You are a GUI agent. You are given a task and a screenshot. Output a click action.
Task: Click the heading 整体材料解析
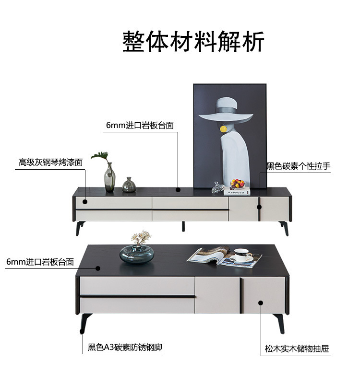coord(193,42)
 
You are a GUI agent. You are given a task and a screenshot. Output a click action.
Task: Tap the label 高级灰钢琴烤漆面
coord(51,162)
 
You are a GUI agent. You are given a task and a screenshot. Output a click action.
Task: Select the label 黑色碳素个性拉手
coord(299,166)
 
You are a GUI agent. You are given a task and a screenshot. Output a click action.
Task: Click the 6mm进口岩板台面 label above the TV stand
coord(140,125)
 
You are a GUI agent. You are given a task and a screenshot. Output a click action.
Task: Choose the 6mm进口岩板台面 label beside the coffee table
coord(40,262)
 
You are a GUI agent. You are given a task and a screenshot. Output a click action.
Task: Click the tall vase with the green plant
coord(109,177)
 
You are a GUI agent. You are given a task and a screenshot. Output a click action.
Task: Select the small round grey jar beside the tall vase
coord(129,185)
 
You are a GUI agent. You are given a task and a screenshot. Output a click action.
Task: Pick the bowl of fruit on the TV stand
coord(238,183)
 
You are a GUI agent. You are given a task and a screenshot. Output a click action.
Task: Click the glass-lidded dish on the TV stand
coord(218,187)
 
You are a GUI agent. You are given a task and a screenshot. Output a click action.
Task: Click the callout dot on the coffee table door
coord(262,302)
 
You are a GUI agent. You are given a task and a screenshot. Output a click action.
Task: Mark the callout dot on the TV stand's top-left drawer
coord(85,202)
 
